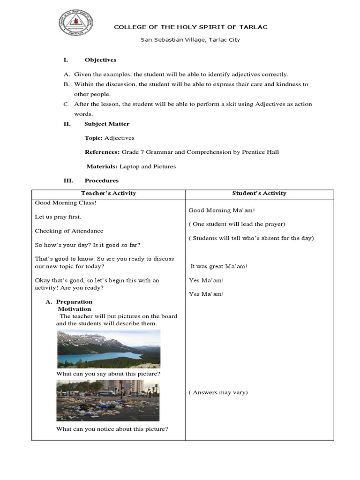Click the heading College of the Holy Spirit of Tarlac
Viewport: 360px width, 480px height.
coord(191,27)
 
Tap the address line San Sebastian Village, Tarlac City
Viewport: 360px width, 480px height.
coord(190,40)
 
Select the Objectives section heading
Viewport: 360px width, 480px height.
coord(100,60)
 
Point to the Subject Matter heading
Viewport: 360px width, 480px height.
coord(107,124)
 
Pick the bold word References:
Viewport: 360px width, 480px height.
coord(102,152)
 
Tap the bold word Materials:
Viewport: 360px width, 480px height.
coord(102,166)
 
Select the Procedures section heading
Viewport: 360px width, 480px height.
coord(101,180)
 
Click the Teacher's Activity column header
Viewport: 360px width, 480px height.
coord(108,193)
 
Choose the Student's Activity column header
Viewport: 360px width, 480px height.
coord(259,193)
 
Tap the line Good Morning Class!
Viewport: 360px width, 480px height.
coord(65,203)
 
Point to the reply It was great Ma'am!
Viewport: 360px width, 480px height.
coord(218,266)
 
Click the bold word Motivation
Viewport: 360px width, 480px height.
coord(74,309)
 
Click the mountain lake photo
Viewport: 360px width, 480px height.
coord(108,349)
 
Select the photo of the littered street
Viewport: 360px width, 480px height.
coord(108,400)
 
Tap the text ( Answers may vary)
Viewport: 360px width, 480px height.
coord(218,392)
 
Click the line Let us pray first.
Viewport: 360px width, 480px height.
coord(58,217)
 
